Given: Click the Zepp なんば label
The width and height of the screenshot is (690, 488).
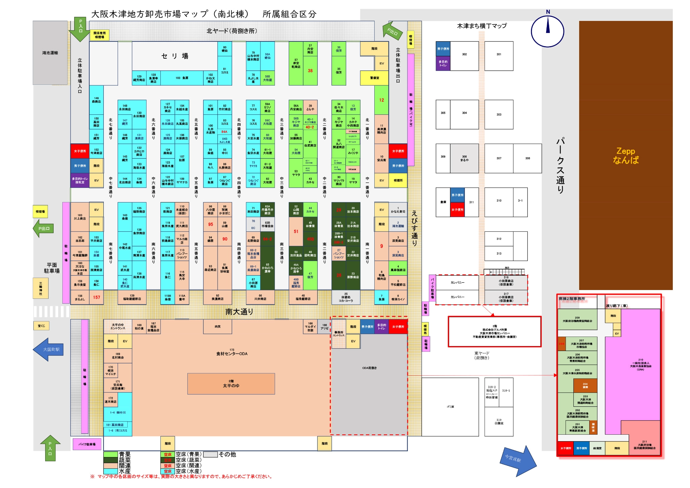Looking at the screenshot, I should tap(626, 155).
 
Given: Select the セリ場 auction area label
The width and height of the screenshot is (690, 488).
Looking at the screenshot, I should tap(175, 56).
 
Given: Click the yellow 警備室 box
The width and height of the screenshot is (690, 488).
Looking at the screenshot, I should tap(374, 78).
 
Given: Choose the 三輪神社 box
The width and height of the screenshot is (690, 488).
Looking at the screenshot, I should tap(41, 288).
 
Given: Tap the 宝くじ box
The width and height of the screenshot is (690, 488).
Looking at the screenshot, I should tap(41, 326).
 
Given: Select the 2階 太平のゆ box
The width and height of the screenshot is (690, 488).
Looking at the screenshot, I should tap(231, 384).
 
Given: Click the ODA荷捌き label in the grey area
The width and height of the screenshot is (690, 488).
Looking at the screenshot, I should tap(369, 368).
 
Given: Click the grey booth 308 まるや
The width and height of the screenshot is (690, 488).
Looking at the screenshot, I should tap(464, 158).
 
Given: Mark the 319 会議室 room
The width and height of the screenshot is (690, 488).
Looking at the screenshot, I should tap(499, 422).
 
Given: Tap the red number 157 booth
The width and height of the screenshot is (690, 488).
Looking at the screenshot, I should tap(96, 297).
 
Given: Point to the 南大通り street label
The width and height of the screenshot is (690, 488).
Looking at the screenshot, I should tap(239, 312).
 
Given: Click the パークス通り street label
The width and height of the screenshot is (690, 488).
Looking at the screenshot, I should tap(560, 165).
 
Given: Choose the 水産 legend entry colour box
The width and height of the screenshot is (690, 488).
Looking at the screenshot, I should tap(110, 471).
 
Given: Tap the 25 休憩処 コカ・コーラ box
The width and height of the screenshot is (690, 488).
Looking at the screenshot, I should tap(346, 297).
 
